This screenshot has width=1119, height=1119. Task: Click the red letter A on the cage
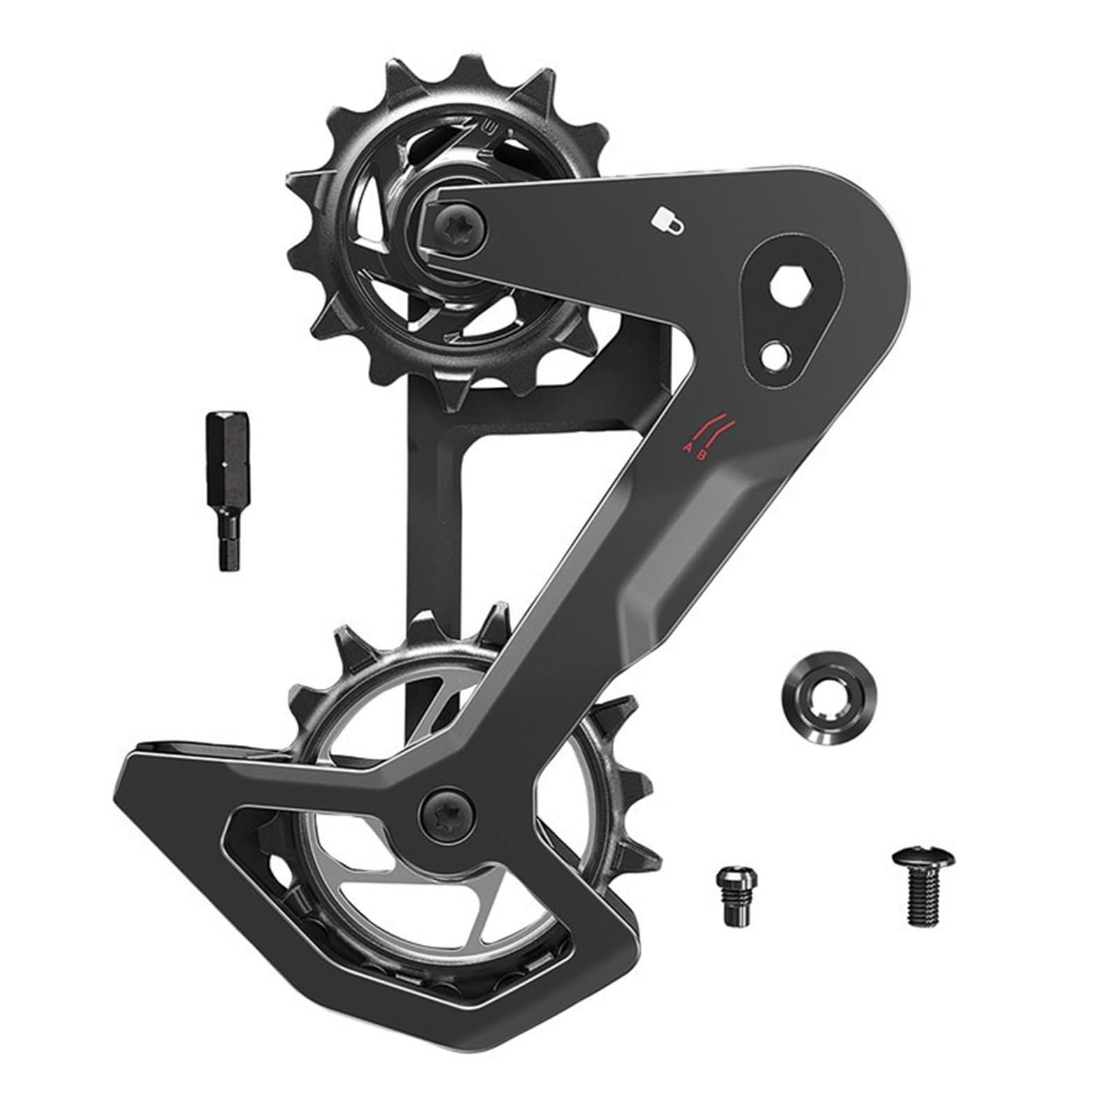point(689,448)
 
